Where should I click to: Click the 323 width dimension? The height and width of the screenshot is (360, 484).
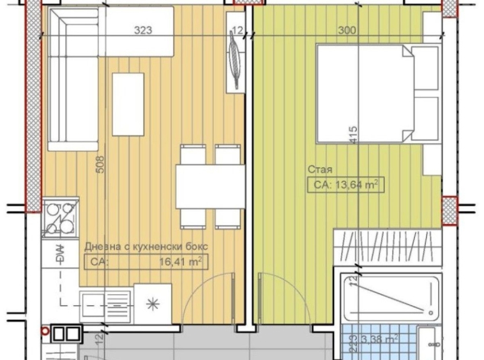click(x=143, y=30)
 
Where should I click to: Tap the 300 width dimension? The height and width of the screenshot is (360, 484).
click(x=347, y=30)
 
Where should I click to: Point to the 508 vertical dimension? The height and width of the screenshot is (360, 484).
click(x=101, y=165)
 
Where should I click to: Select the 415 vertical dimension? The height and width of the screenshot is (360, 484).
click(x=353, y=135)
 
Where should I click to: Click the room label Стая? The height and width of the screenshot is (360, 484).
click(x=320, y=169)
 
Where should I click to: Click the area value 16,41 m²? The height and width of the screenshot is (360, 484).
click(x=181, y=262)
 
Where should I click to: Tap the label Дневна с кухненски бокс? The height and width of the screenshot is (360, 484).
click(x=146, y=246)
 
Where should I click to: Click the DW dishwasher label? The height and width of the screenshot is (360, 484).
click(x=60, y=254)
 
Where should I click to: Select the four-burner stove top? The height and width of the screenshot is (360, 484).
click(x=60, y=218)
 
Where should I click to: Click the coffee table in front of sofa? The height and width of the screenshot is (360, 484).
click(x=128, y=104)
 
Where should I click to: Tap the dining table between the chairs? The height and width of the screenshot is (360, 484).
click(x=211, y=186)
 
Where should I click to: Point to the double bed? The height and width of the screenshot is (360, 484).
click(x=378, y=94)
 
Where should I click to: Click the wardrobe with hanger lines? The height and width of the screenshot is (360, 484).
click(x=388, y=246)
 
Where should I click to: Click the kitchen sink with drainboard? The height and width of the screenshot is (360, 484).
click(x=105, y=306)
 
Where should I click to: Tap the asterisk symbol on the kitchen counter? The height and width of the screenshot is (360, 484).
click(x=153, y=304)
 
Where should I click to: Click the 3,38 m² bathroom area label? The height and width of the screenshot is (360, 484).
click(x=379, y=340)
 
